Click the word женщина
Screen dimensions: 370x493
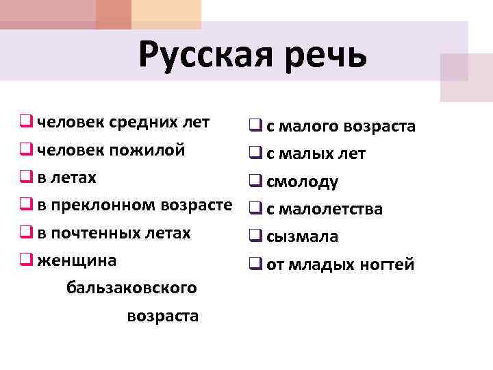click(x=77, y=260)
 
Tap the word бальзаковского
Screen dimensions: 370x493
click(x=131, y=288)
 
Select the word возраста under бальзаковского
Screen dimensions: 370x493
click(x=163, y=316)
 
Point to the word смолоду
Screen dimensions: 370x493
click(x=302, y=182)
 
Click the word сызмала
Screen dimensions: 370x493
click(x=302, y=237)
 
